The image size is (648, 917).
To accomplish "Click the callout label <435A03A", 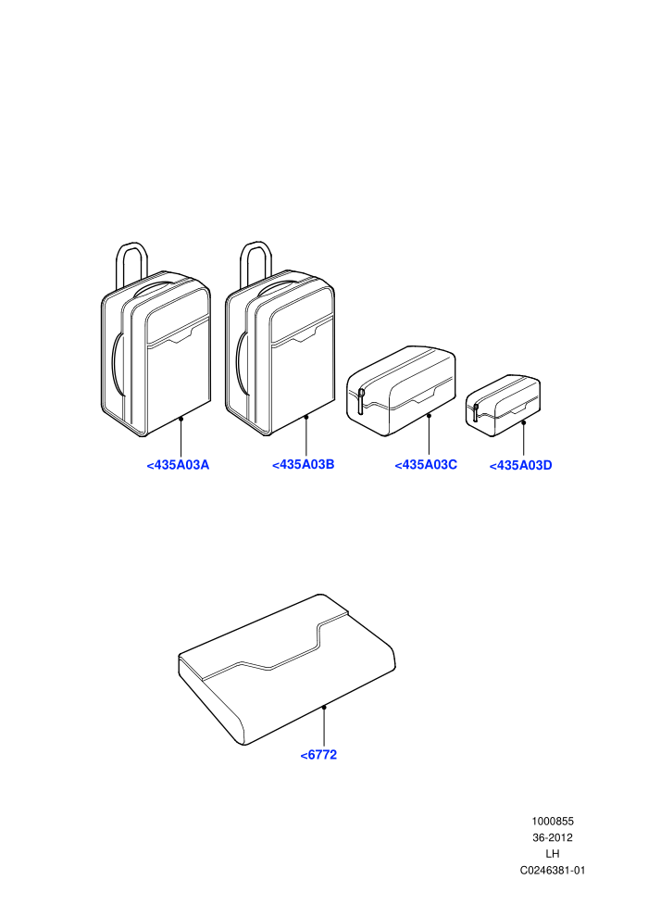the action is click(178, 465).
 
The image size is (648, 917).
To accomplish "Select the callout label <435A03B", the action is click(304, 464).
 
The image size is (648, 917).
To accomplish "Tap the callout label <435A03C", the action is click(426, 465).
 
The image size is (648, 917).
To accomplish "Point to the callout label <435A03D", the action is click(520, 466).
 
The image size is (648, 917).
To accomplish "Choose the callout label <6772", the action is click(318, 755).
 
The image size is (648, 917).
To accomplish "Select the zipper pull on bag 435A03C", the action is click(361, 400).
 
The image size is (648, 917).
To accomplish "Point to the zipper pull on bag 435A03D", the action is click(476, 411).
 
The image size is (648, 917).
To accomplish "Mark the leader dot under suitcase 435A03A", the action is click(181, 419).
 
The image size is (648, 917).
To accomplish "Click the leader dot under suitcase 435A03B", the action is click(306, 417).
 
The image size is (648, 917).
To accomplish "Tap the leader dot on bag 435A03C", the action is click(429, 416).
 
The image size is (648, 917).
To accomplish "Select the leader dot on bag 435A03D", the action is click(524, 422).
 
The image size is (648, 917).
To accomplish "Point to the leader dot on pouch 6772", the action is click(324, 707).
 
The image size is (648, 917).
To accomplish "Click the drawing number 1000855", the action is click(552, 821).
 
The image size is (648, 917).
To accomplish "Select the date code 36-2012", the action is click(552, 837).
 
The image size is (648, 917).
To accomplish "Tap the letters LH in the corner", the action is click(552, 854).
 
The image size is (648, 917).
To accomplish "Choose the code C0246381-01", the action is click(552, 870).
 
